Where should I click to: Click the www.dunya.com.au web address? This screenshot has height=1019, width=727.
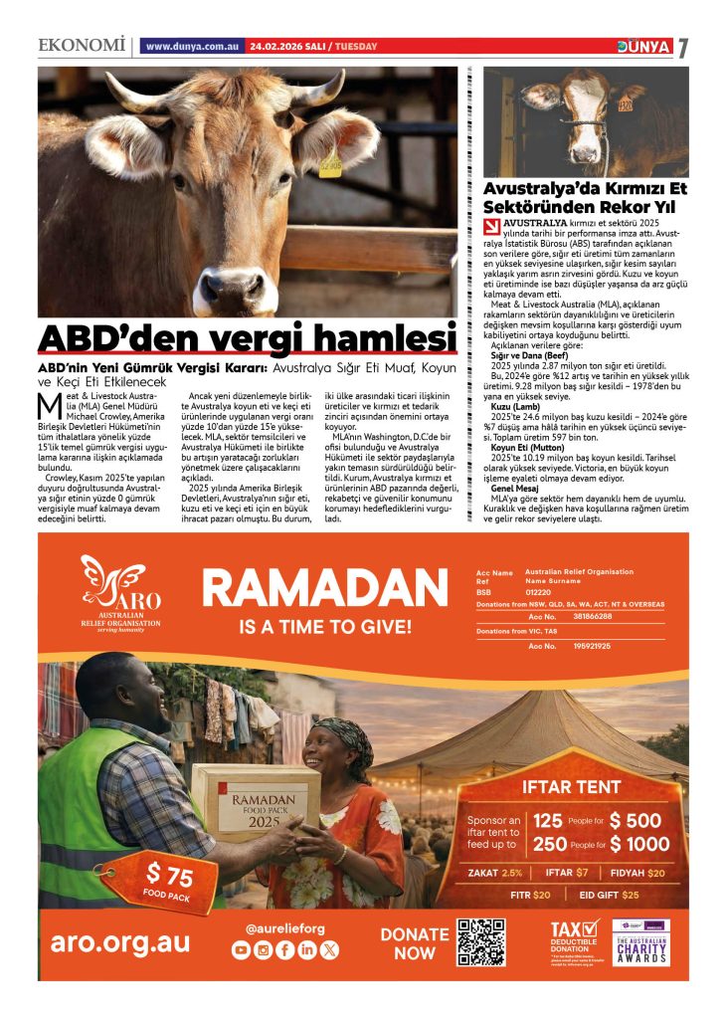pyautogui.click(x=190, y=46)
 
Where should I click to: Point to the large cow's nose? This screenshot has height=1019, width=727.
pyautogui.click(x=225, y=290)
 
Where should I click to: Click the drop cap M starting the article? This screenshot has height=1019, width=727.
pyautogui.click(x=44, y=406)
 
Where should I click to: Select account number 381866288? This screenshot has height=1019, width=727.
pyautogui.click(x=592, y=617)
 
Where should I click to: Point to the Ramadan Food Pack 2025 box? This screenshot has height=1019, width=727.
pyautogui.click(x=255, y=803)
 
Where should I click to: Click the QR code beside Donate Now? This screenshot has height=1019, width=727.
pyautogui.click(x=482, y=941)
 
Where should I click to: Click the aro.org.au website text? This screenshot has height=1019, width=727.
pyautogui.click(x=120, y=941)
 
